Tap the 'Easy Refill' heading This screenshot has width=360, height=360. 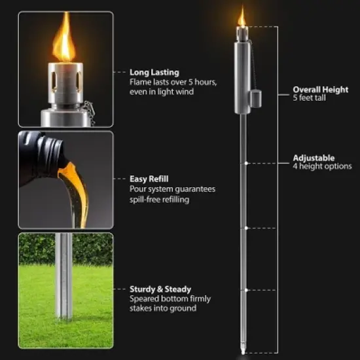(150, 179)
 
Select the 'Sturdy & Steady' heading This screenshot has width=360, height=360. (160, 289)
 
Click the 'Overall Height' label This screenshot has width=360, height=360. (320, 89)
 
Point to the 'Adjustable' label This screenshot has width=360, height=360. (314, 158)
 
